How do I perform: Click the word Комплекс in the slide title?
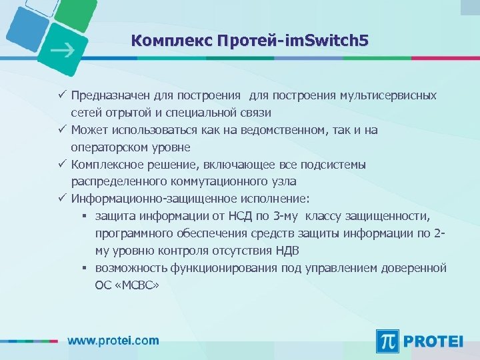171,41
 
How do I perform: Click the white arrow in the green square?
63,49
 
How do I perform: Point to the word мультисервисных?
390,95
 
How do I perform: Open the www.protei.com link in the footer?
113,340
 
